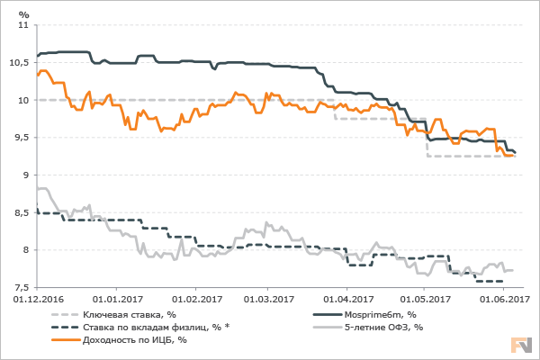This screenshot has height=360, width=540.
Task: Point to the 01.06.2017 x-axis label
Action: [502, 299]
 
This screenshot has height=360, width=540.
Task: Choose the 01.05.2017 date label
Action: [425, 299]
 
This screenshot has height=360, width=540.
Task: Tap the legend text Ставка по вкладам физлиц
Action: [151, 327]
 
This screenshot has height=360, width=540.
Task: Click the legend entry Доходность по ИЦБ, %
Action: [135, 339]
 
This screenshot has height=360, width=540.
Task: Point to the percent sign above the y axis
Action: [24, 14]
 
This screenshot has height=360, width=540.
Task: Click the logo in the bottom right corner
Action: [521, 345]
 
